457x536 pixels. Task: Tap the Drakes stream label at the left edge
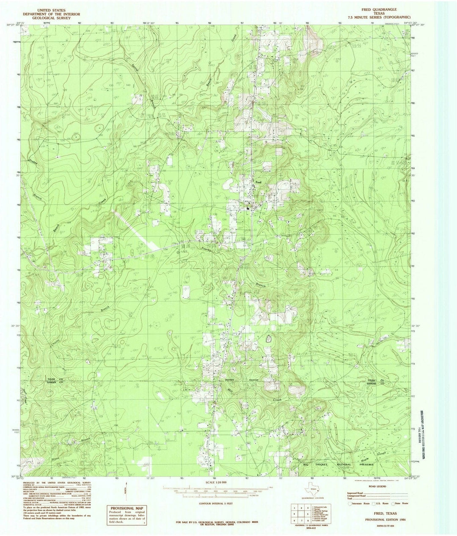[x=33, y=163]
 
